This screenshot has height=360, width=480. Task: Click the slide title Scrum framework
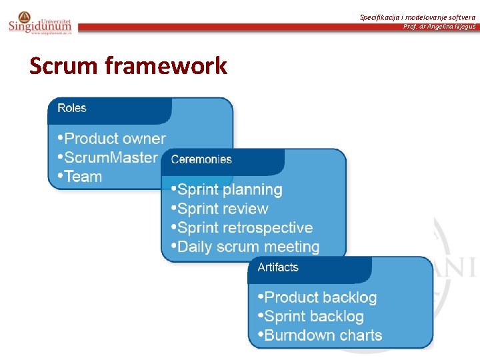128,66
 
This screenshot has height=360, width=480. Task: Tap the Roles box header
72,108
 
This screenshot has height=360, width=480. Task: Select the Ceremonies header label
201,159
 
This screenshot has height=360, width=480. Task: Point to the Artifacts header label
278,267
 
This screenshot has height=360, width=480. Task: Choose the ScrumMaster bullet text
111,158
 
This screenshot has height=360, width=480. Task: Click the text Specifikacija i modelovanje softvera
417,17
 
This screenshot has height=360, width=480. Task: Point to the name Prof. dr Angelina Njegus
439,27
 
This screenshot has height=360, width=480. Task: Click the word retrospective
269,228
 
